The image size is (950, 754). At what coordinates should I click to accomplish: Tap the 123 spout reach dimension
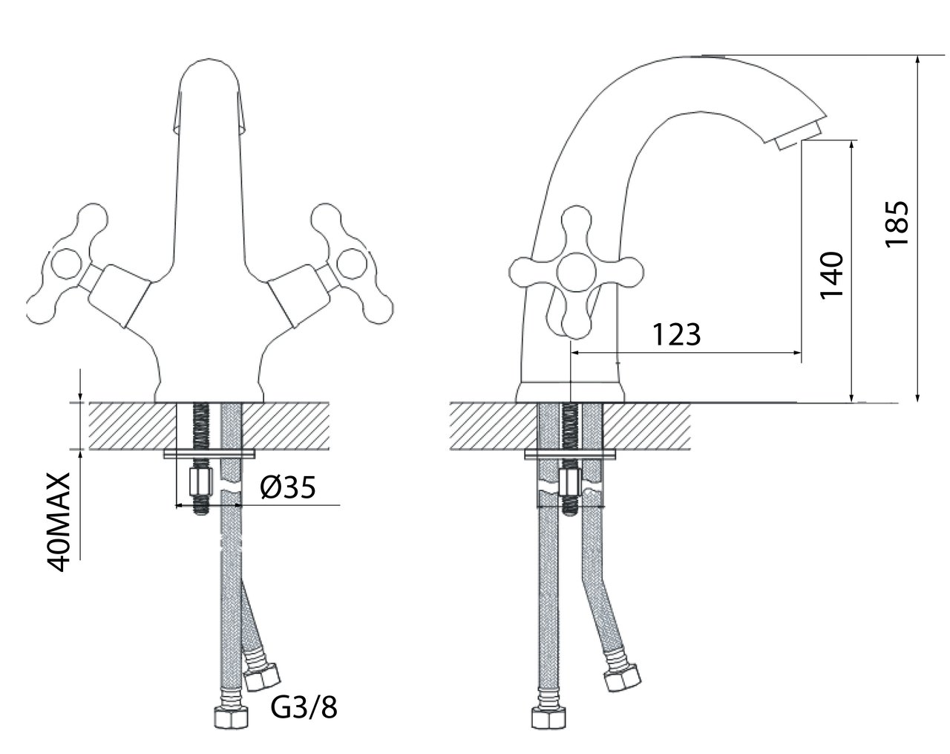click(x=676, y=335)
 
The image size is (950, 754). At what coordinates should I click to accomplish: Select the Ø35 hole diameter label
click(x=289, y=487)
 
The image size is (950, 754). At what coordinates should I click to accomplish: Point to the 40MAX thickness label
click(x=59, y=520)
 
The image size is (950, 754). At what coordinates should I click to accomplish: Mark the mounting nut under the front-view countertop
click(x=201, y=484)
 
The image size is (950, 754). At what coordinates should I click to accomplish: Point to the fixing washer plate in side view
click(x=570, y=454)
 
